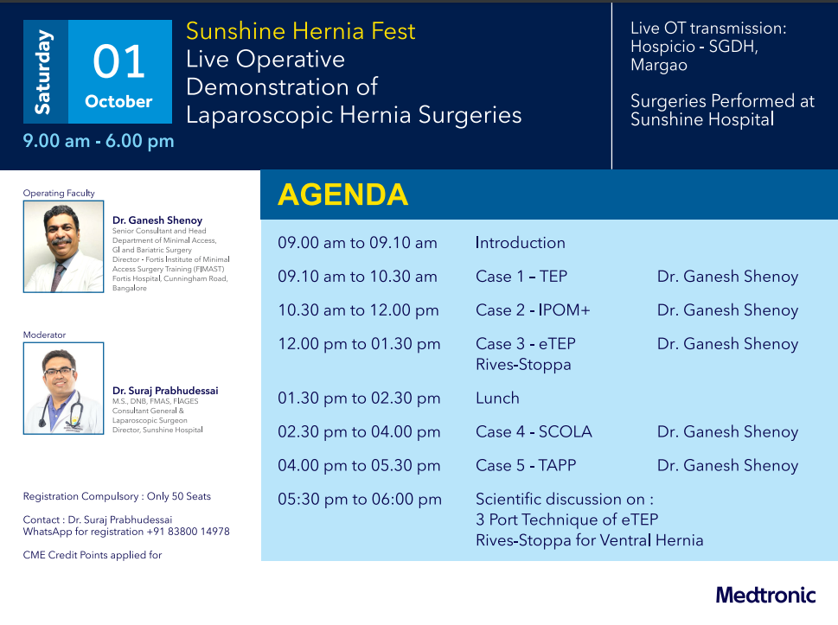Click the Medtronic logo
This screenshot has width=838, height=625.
coord(766,595)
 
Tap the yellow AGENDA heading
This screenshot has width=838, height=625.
coord(342,195)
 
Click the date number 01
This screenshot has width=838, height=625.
coord(118,61)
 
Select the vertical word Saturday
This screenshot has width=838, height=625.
coord(44,72)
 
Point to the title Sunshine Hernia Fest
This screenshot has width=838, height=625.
coord(300,31)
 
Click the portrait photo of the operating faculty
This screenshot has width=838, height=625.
coord(64,246)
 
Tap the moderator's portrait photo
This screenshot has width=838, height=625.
coord(64,388)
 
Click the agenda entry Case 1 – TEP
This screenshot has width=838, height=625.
coord(521,276)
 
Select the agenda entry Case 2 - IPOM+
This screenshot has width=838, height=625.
coord(533,309)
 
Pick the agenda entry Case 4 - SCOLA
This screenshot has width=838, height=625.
coord(534,431)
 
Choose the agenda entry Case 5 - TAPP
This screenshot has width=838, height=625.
coord(526,465)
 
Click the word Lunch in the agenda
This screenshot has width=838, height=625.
coord(497,398)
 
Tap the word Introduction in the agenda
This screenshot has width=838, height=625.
coord(521,243)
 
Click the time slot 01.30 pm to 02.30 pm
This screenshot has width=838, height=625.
coord(359,398)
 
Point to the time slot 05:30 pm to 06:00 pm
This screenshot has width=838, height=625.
coord(360,499)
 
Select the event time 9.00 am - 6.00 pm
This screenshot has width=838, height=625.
coord(99,141)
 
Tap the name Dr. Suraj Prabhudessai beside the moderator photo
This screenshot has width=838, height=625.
coord(165,391)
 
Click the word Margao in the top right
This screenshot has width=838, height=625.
coord(659,65)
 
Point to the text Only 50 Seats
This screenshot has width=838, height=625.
coord(179,496)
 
